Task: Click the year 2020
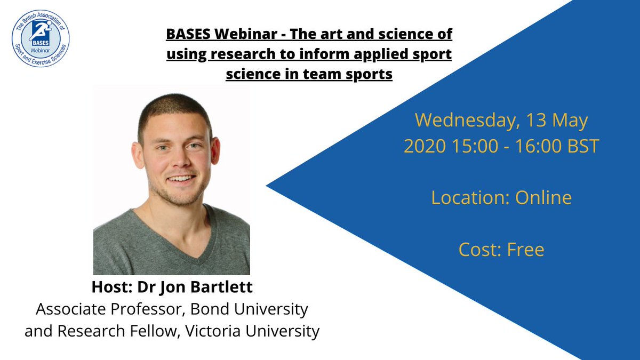pos(423,146)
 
